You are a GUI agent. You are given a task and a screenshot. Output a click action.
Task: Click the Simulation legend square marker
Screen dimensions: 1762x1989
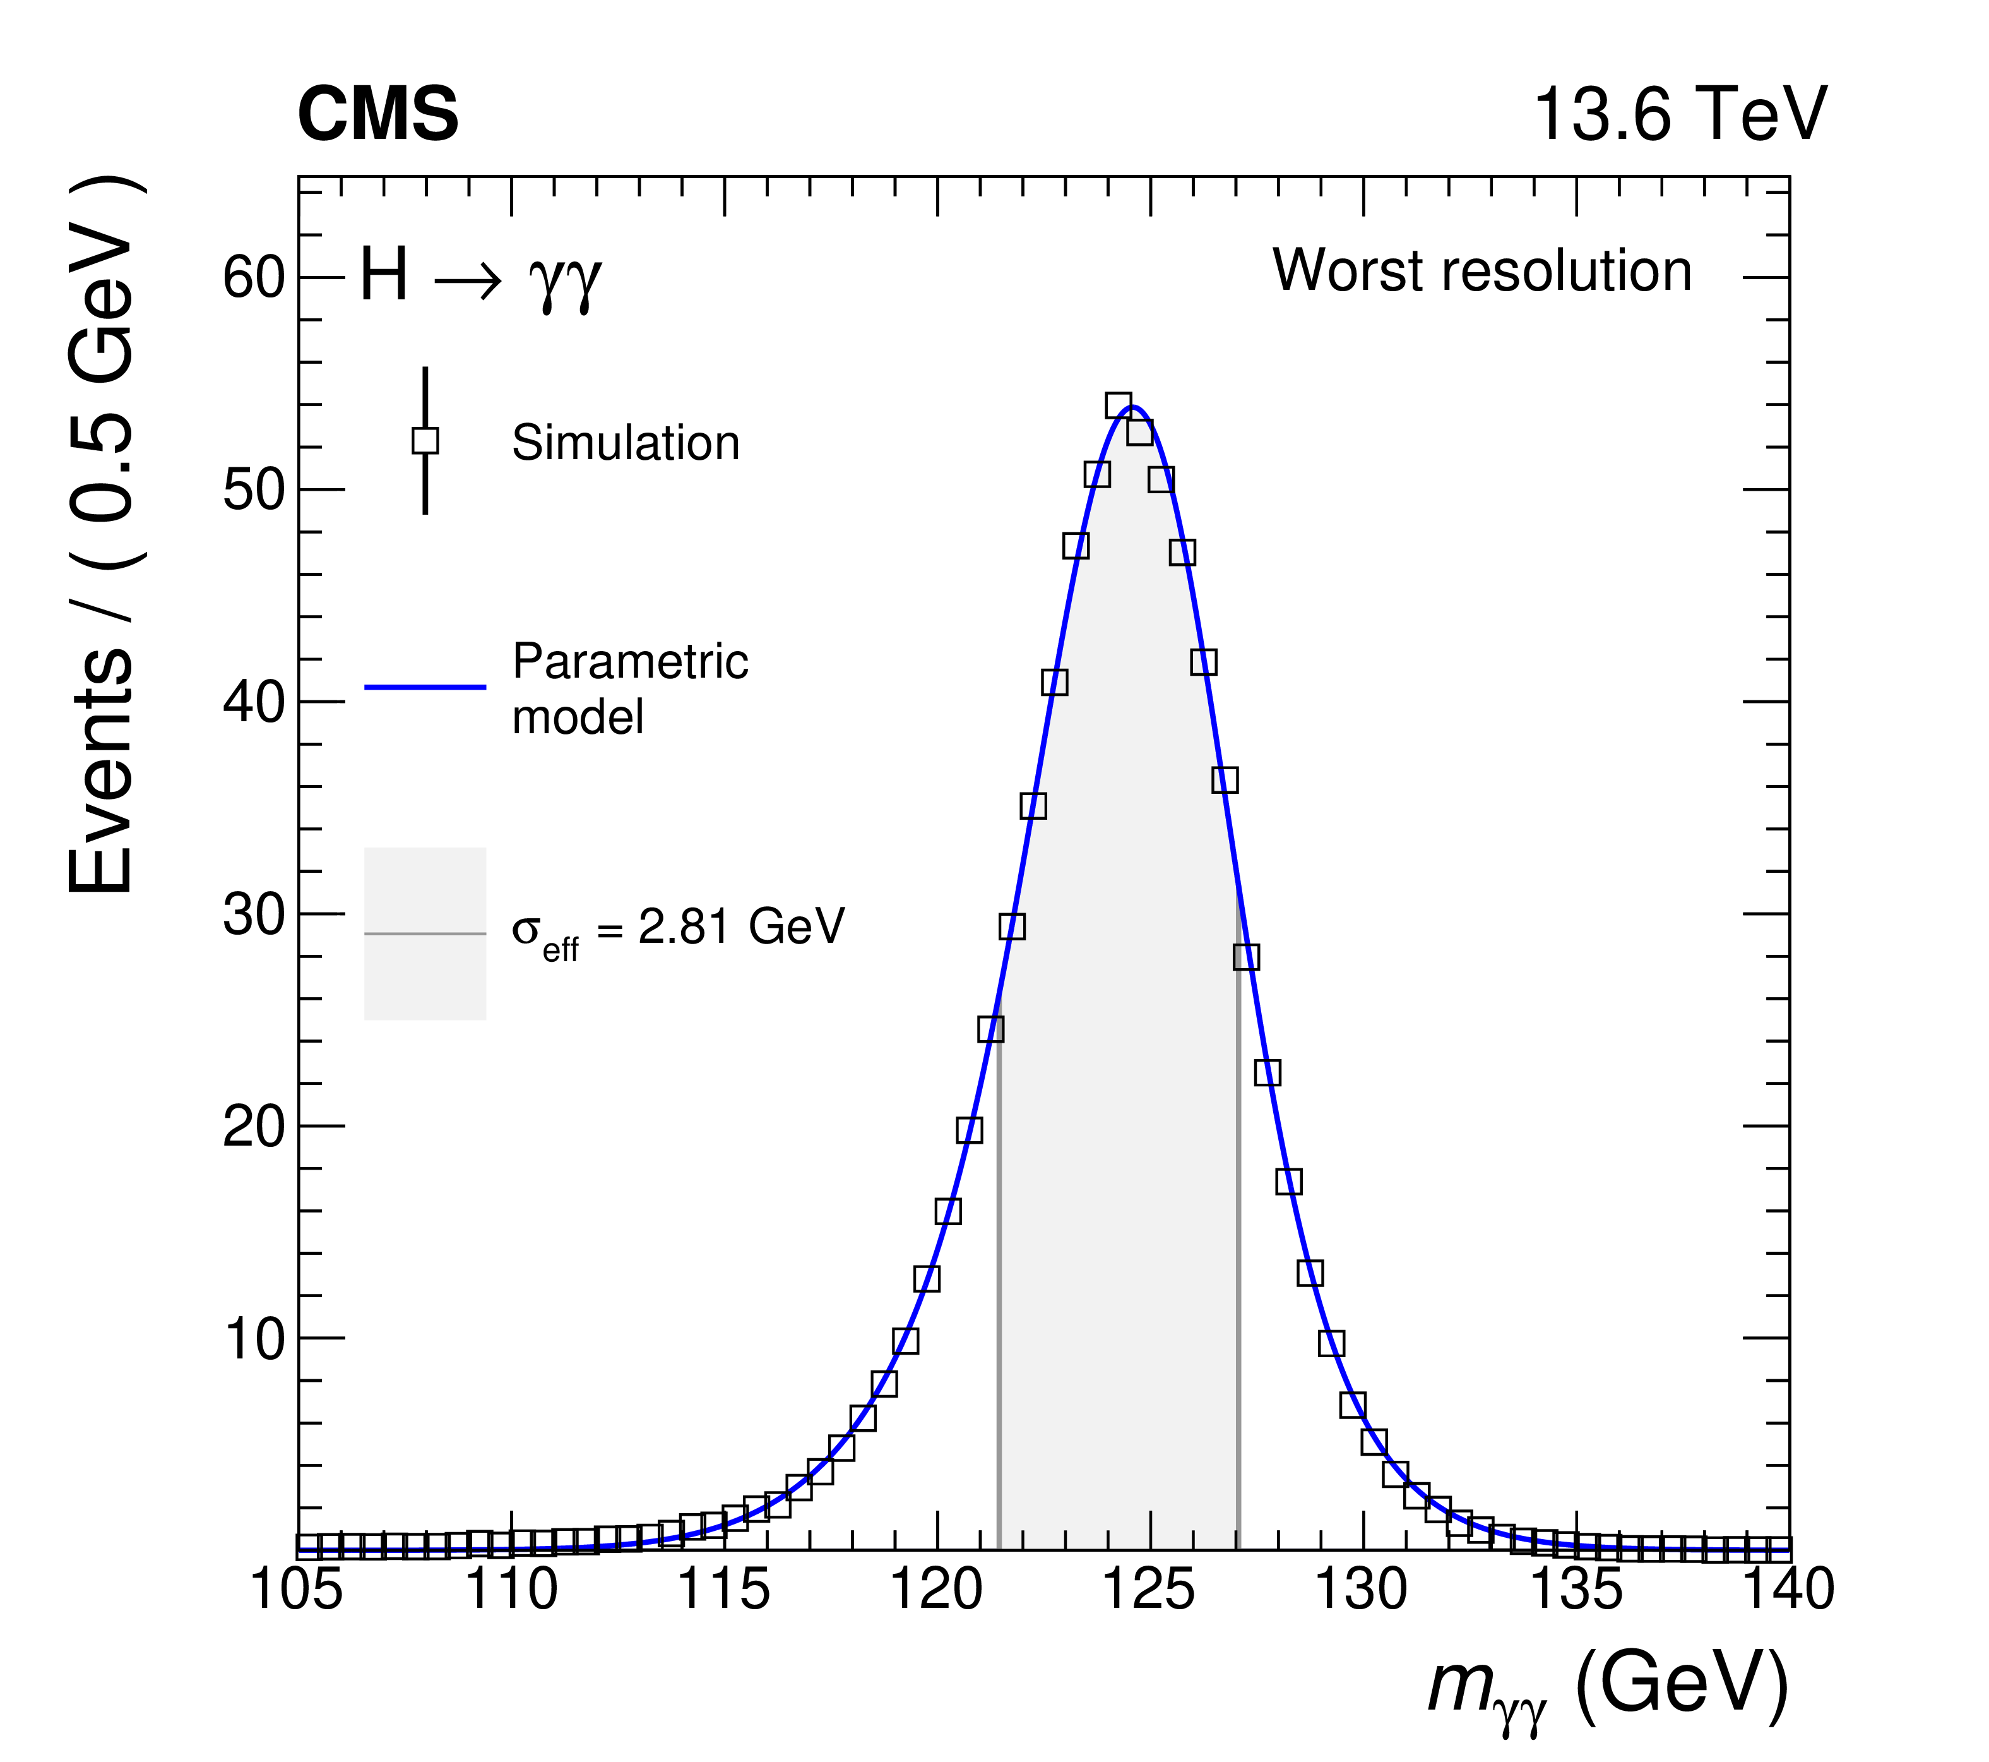tap(425, 441)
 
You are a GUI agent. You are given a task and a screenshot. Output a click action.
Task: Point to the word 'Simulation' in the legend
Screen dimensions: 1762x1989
tap(626, 443)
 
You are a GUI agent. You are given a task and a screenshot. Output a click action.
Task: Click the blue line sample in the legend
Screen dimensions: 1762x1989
tap(425, 687)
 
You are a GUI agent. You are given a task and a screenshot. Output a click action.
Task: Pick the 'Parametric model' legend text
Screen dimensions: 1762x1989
tap(629, 688)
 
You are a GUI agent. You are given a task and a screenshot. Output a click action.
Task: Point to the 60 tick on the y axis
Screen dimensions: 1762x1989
tap(253, 277)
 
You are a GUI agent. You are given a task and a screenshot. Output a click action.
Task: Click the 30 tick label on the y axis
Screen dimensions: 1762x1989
tap(253, 915)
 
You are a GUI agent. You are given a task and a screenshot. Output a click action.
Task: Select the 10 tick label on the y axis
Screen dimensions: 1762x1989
tap(253, 1339)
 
